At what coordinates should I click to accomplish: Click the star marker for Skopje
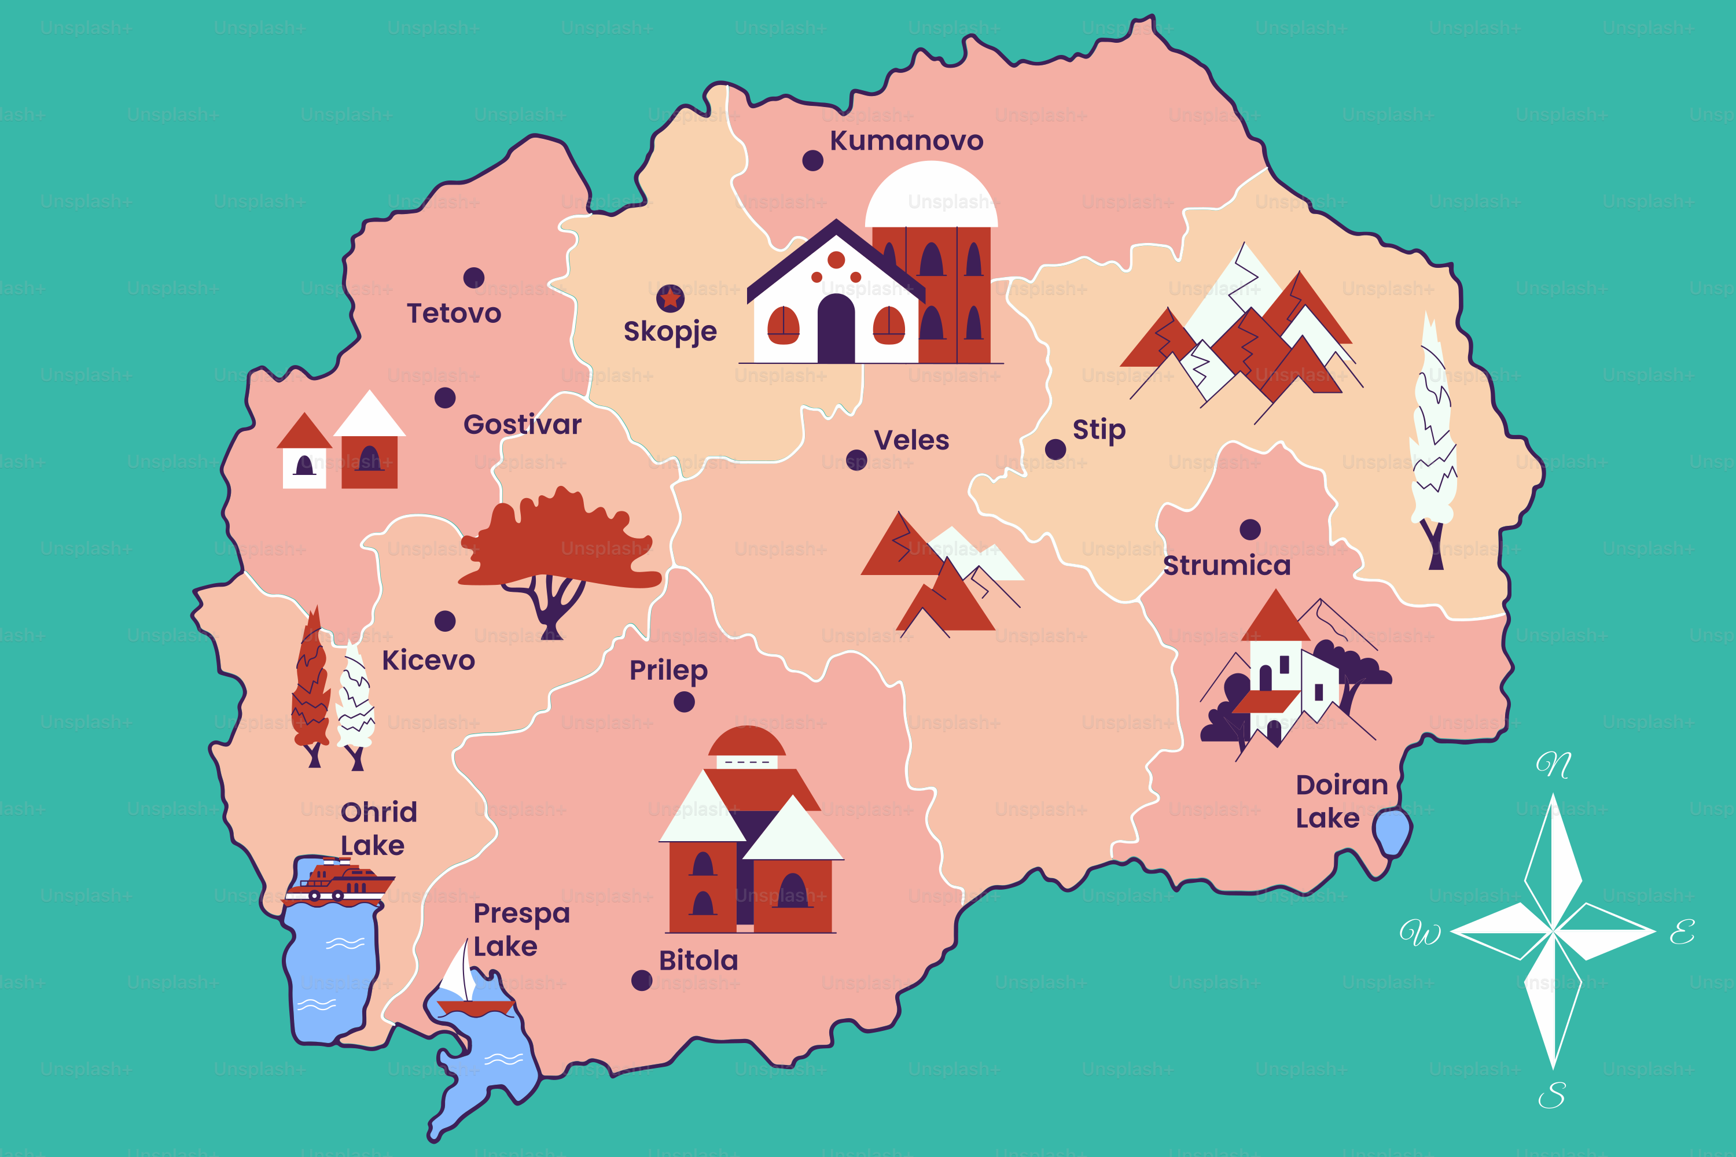pos(670,298)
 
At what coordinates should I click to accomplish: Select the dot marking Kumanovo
pos(812,160)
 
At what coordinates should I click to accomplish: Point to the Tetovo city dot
pos(474,278)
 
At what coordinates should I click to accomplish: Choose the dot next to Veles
pos(856,460)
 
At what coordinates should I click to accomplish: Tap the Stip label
pos(1099,429)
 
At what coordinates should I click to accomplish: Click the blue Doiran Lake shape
pos(1392,832)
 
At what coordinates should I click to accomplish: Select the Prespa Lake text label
pos(521,929)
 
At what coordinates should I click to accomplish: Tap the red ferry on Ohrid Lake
pos(340,881)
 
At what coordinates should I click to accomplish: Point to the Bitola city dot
pos(641,981)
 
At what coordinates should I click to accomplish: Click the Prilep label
pos(668,670)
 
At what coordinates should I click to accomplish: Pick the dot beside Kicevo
pos(445,621)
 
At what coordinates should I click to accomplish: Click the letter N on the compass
pos(1554,764)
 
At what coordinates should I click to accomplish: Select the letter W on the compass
pos(1420,933)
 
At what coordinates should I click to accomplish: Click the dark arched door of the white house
pos(836,329)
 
